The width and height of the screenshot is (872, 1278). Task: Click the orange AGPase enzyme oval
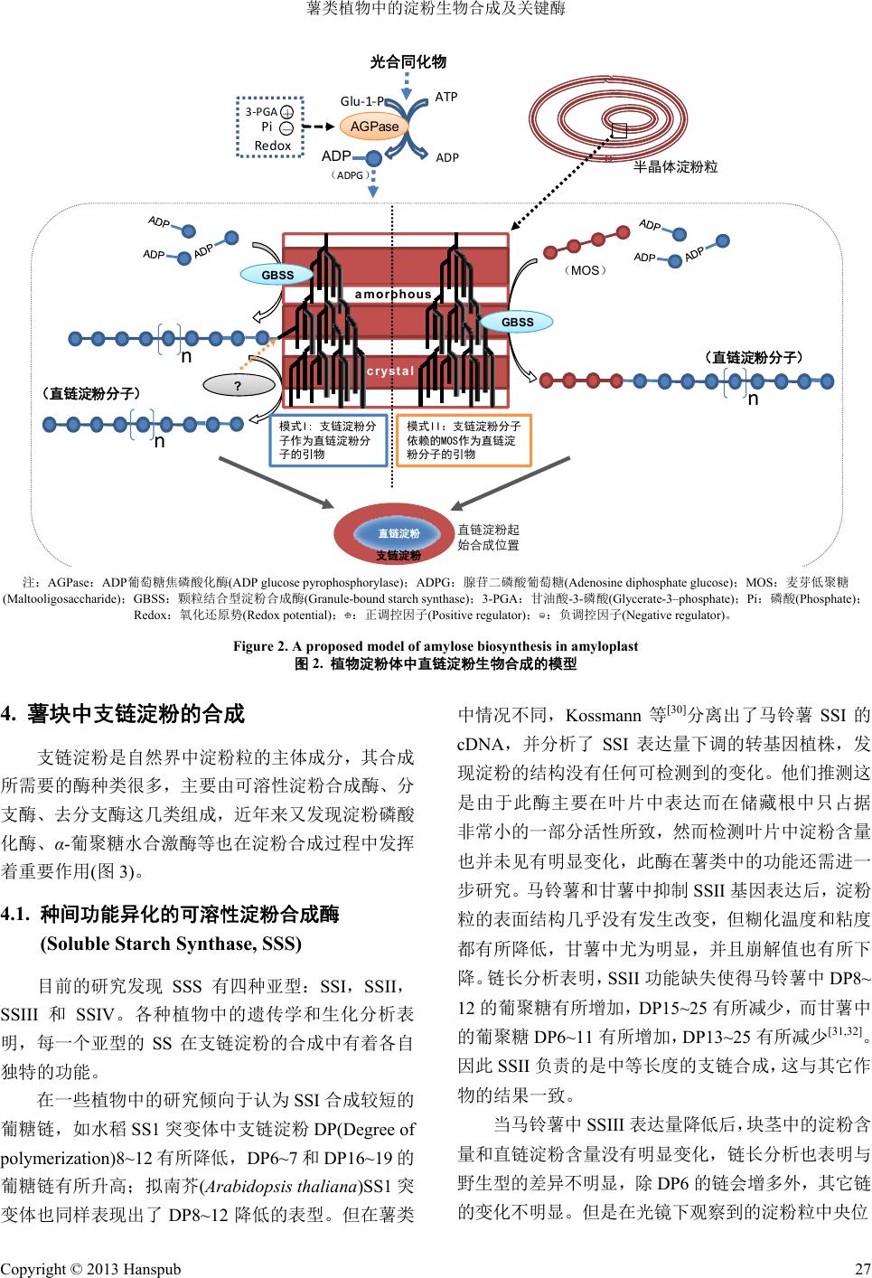click(374, 127)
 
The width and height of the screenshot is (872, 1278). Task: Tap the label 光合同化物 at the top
click(408, 62)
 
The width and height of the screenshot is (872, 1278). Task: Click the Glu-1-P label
click(362, 101)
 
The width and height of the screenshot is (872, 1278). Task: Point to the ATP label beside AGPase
click(446, 97)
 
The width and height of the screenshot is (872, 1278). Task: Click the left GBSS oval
click(277, 275)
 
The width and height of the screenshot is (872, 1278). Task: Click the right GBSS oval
click(517, 322)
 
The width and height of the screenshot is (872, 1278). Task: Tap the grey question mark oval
click(238, 386)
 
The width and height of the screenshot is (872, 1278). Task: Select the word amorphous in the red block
click(393, 294)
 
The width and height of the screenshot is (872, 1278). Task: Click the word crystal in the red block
click(390, 371)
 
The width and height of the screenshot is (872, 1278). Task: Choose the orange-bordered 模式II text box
click(464, 440)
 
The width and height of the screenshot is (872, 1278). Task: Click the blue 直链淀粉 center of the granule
click(398, 533)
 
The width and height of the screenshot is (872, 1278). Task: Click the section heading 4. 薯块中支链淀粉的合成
click(124, 714)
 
